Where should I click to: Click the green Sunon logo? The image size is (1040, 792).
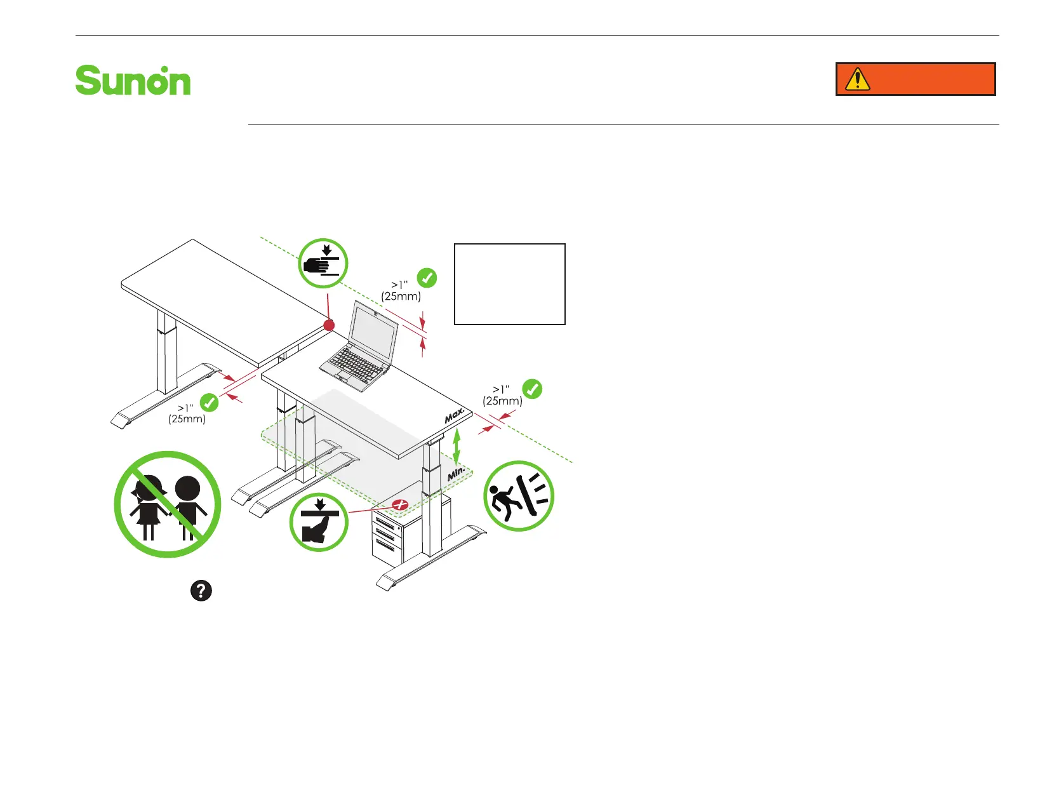pyautogui.click(x=133, y=81)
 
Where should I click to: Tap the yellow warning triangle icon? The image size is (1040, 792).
pyautogui.click(x=857, y=79)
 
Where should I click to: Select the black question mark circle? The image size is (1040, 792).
pyautogui.click(x=201, y=591)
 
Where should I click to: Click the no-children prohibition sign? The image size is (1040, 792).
pyautogui.click(x=168, y=504)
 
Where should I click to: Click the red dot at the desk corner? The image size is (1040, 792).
pyautogui.click(x=329, y=325)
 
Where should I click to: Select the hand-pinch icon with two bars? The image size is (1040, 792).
pyautogui.click(x=323, y=264)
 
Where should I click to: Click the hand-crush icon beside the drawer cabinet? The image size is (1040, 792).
pyautogui.click(x=319, y=522)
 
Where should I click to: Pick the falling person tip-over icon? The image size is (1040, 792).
pyautogui.click(x=519, y=496)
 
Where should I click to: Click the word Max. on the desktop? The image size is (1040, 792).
pyautogui.click(x=455, y=416)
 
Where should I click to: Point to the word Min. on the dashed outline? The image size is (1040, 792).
pyautogui.click(x=457, y=473)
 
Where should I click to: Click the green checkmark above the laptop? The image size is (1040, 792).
pyautogui.click(x=427, y=278)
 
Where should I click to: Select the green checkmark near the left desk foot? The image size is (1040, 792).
pyautogui.click(x=209, y=402)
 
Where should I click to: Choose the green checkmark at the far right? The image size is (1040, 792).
pyautogui.click(x=532, y=389)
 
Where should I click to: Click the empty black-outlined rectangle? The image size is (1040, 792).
pyautogui.click(x=510, y=284)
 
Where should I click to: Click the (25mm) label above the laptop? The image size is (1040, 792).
pyautogui.click(x=401, y=296)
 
